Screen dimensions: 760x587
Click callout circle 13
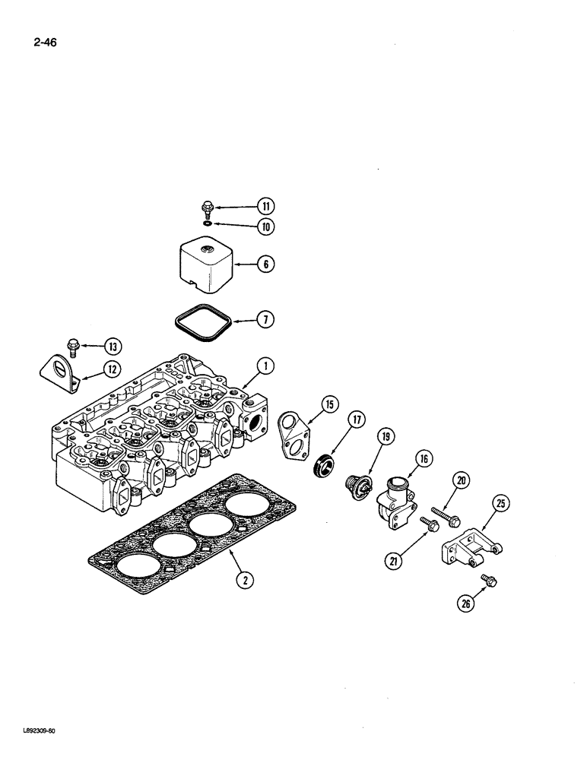click(113, 347)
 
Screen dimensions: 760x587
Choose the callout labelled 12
click(113, 369)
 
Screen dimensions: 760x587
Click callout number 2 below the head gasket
click(244, 580)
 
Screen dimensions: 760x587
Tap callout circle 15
click(329, 407)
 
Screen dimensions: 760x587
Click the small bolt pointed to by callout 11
click(207, 206)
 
